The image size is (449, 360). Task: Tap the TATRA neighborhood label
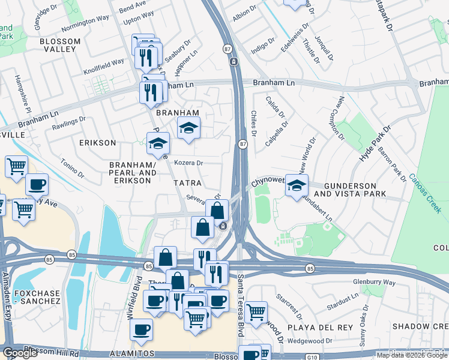[188, 182]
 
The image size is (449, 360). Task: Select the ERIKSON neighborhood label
[97, 143]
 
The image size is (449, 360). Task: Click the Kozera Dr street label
[189, 163]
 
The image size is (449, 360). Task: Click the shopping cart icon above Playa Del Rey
[256, 311]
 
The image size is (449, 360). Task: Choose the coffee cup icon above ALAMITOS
[141, 329]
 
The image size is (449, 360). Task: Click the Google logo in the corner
[20, 353]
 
